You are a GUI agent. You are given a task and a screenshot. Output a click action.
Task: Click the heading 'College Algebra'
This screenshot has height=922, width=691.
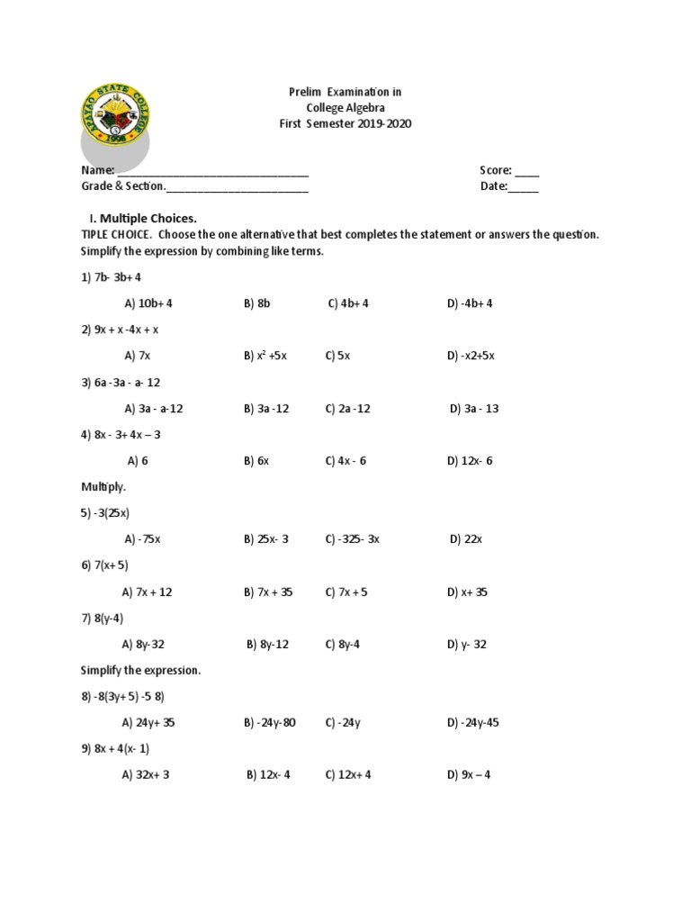coord(345,108)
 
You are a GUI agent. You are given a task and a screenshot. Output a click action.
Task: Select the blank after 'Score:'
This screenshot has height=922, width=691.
coord(527,170)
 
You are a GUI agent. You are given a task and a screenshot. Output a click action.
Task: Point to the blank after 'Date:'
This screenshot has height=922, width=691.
coord(524,187)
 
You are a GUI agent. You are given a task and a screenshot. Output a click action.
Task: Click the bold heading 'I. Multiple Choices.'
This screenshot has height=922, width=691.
coord(141,218)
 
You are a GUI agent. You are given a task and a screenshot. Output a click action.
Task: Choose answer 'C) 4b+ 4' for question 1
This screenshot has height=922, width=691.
coord(349,303)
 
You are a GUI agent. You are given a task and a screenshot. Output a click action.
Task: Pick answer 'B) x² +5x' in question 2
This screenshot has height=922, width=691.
coord(265,356)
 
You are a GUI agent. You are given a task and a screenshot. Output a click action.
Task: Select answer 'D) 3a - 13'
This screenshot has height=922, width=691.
coord(474,408)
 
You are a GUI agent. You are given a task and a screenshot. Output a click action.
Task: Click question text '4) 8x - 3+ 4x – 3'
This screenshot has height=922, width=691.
coord(121,434)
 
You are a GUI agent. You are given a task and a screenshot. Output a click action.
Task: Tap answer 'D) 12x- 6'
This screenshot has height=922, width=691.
coord(470,461)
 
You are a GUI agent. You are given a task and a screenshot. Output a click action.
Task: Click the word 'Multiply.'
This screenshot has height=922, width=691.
coord(103,486)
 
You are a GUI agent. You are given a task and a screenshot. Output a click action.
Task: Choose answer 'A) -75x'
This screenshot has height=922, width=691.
coord(142,539)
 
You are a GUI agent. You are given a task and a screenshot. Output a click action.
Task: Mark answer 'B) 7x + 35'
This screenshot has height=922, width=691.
coord(268,592)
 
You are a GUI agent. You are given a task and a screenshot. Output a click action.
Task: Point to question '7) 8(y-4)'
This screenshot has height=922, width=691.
coord(104,618)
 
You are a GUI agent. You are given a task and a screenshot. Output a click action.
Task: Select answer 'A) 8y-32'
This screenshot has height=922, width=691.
coord(143,645)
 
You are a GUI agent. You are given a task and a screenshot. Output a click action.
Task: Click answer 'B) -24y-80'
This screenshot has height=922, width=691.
coord(269,722)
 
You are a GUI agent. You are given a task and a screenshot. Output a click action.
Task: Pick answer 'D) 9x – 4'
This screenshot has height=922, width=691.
coord(469,774)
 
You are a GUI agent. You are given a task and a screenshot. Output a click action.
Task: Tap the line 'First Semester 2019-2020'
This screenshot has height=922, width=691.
coord(345,124)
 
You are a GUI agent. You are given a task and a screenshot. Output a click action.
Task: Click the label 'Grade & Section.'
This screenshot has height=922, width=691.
coord(123,187)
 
